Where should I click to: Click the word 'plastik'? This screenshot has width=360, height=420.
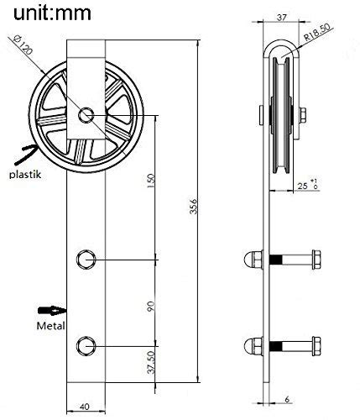coord(26,175)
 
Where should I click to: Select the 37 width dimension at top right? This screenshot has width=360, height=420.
coord(281,16)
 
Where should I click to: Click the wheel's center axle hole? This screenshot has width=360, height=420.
coord(86,114)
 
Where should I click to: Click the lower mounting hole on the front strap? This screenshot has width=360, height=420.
coord(86,344)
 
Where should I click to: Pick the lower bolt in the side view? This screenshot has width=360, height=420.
coord(285,344)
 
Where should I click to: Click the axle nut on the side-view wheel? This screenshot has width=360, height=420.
coord(300,113)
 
